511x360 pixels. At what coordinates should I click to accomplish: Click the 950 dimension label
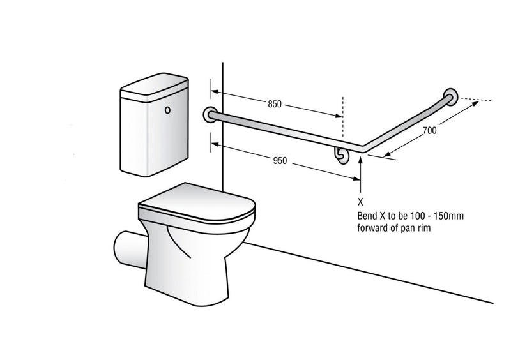pyautogui.click(x=279, y=161)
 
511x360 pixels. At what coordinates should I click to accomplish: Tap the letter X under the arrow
pyautogui.click(x=362, y=200)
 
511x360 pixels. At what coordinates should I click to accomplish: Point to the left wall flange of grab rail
pyautogui.click(x=210, y=115)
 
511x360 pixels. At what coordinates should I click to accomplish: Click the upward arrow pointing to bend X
pyautogui.click(x=362, y=172)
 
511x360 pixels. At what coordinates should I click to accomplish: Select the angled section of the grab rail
pyautogui.click(x=409, y=122)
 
